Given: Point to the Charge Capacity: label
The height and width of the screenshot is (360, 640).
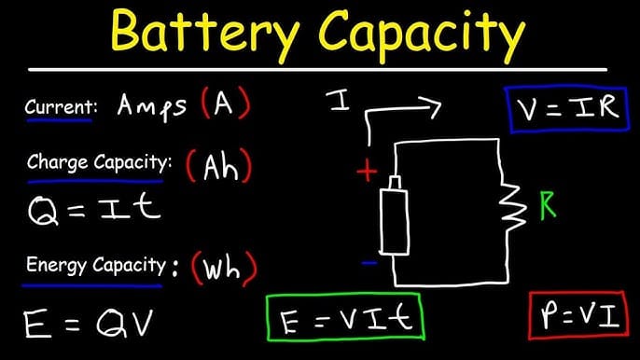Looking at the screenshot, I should coord(100,162).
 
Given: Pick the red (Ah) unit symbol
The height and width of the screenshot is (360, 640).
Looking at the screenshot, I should coord(220,166).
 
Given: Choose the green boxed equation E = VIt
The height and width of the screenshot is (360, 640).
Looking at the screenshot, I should coord(343,321).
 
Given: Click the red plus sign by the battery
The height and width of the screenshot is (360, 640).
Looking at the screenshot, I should coord(367,171).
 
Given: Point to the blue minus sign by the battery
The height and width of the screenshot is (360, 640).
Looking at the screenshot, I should coord(369,264).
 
